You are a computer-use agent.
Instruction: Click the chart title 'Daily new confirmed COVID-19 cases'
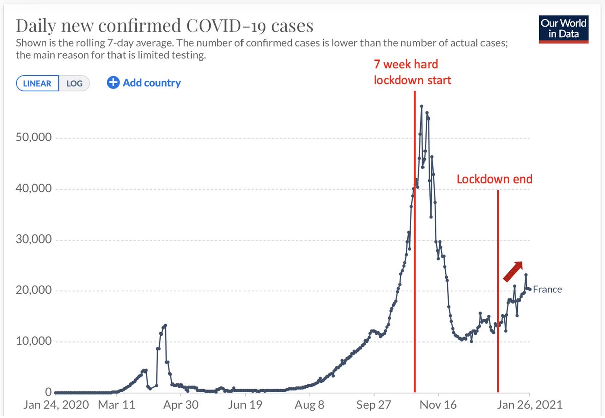pos(165,27)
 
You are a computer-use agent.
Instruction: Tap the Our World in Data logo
pos(563,29)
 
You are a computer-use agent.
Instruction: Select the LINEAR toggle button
pos(37,83)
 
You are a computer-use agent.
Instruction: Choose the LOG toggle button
pos(74,83)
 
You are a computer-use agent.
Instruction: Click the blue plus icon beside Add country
pos(113,83)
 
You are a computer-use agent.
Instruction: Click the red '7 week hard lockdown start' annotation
pos(412,72)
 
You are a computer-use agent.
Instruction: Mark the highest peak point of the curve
pos(421,106)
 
